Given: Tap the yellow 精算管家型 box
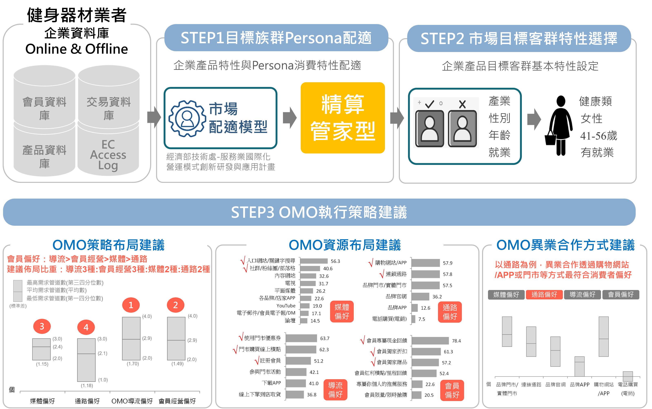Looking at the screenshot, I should pos(343,118).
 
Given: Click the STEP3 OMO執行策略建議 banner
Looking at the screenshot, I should pos(319,212).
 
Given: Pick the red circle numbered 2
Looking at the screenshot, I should pos(175,305).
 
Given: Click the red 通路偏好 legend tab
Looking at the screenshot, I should pos(544,294).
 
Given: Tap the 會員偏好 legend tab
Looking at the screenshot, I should pos(620,294).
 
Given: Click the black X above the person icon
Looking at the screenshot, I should pos(462,104).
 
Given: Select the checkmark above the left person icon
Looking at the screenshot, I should pos(429,104).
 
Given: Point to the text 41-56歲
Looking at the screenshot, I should pos(599,136).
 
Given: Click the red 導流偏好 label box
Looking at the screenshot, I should pos(335,390).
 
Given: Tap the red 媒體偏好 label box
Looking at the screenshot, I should pos(342,311).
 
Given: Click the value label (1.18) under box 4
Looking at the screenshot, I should pos(87,386).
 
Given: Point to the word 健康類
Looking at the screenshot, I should pos(595,101).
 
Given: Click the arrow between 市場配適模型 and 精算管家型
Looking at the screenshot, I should pos(289,118).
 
